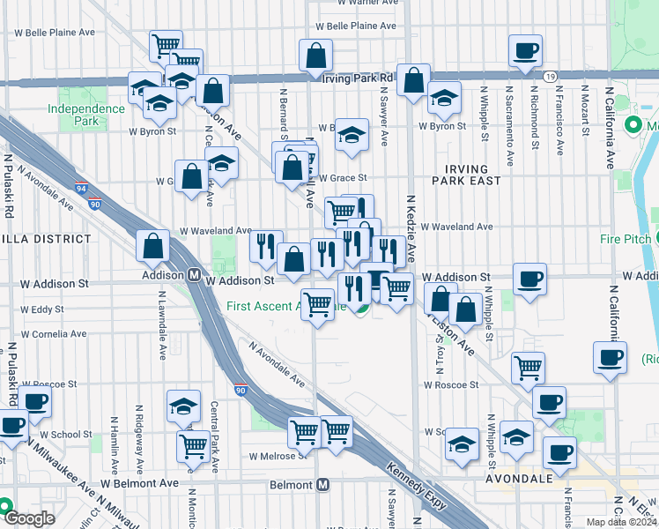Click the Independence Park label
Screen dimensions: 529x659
(86, 114)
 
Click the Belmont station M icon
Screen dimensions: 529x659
(323, 485)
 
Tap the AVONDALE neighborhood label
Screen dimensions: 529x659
(516, 478)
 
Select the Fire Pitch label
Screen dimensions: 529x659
(625, 239)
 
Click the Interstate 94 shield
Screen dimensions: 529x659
(80, 188)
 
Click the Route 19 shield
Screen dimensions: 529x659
(548, 77)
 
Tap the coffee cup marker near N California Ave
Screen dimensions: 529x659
(610, 357)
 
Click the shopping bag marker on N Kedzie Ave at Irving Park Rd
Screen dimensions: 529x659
(413, 79)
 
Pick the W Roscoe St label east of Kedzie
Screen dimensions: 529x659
(451, 384)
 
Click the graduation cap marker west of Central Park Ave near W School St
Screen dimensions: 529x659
(183, 406)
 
